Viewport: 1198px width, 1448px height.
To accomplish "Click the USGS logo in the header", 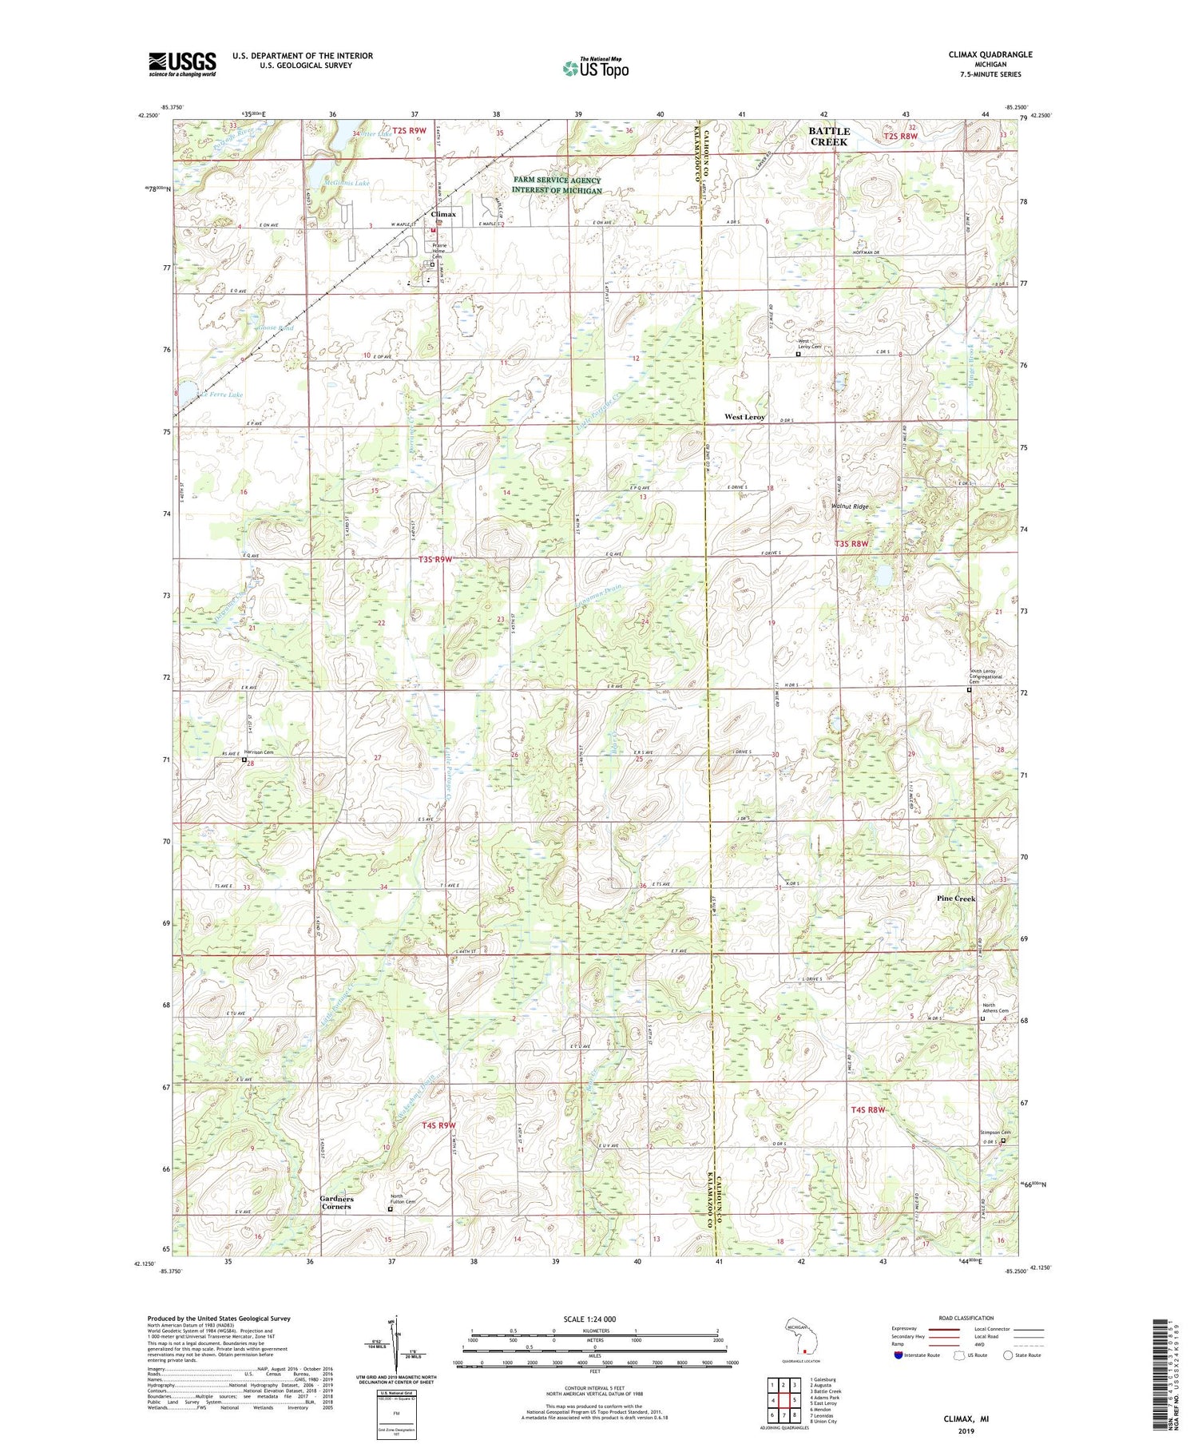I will pyautogui.click(x=182, y=64).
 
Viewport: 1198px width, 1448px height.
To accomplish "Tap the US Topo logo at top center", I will pyautogui.click(x=595, y=68).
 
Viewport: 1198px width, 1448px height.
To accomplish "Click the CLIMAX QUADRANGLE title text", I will pyautogui.click(x=988, y=54).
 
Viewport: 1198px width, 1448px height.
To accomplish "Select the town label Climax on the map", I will pyautogui.click(x=443, y=214).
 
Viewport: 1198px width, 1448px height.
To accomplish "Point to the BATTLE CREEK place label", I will pyautogui.click(x=829, y=136).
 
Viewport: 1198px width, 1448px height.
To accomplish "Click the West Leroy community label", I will pyautogui.click(x=744, y=417).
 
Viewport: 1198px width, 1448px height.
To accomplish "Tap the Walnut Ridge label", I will pyautogui.click(x=849, y=506).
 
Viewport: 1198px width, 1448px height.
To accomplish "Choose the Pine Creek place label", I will pyautogui.click(x=955, y=899).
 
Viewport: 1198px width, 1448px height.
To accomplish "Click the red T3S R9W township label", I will pyautogui.click(x=435, y=560).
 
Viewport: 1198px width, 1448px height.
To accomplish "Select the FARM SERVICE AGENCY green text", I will pyautogui.click(x=557, y=181).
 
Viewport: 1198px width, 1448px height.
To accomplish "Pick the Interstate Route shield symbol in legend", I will pyautogui.click(x=898, y=1355).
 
